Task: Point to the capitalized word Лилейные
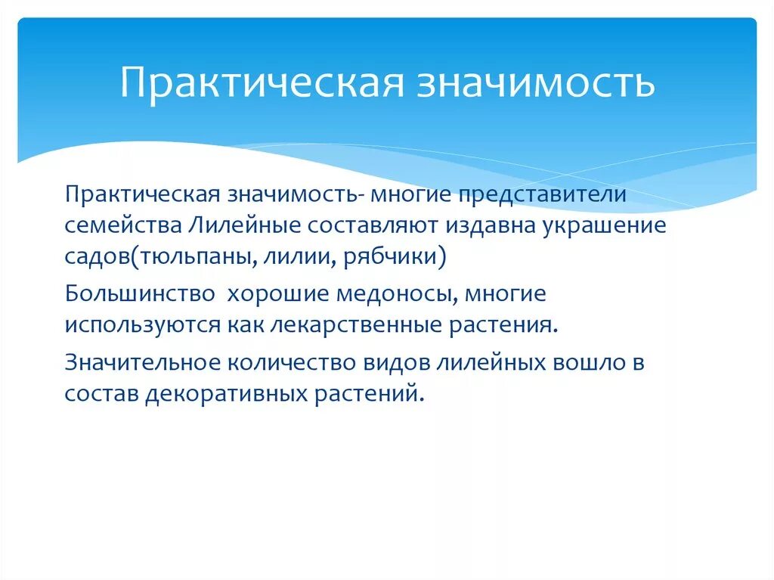240,226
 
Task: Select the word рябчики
392,257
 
